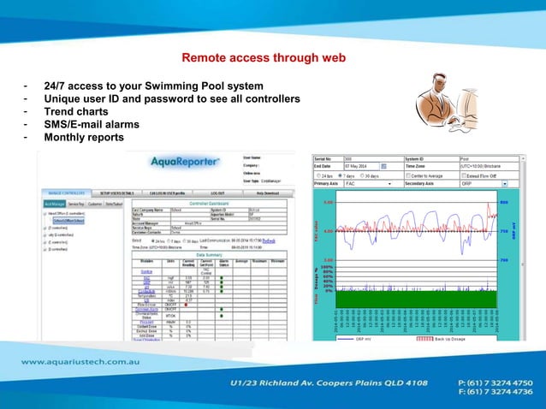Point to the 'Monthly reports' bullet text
pyautogui.click(x=84, y=137)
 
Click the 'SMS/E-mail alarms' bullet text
pyautogui.click(x=92, y=124)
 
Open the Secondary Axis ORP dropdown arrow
pyautogui.click(x=505, y=183)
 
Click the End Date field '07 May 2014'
pyautogui.click(x=360, y=165)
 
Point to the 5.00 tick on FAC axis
pyautogui.click(x=329, y=203)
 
